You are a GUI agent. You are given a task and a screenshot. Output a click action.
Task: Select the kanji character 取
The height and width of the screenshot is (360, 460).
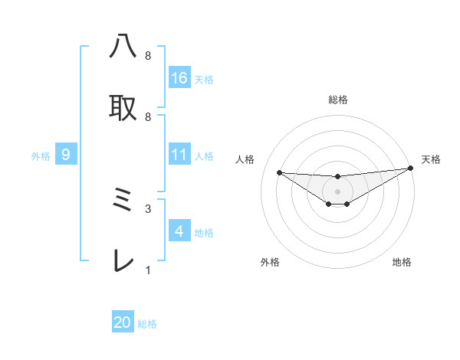pyautogui.click(x=123, y=107)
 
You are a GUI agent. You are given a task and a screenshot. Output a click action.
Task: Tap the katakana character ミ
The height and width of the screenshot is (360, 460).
pyautogui.click(x=123, y=201)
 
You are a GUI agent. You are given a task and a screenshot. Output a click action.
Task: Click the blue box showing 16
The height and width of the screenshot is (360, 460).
pyautogui.click(x=179, y=78)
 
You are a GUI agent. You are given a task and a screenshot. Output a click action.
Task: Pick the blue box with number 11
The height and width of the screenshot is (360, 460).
pyautogui.click(x=179, y=155)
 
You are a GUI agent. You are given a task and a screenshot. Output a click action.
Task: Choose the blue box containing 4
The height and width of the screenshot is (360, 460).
pyautogui.click(x=179, y=231)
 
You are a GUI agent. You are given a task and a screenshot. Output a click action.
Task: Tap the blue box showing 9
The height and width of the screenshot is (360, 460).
pyautogui.click(x=66, y=155)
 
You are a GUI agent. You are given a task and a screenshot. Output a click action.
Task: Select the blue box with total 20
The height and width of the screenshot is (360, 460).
pyautogui.click(x=123, y=322)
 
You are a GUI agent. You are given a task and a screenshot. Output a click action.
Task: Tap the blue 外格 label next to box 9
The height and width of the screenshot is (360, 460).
pyautogui.click(x=41, y=156)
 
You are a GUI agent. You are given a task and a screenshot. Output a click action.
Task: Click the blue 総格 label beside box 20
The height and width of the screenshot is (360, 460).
pyautogui.click(x=147, y=324)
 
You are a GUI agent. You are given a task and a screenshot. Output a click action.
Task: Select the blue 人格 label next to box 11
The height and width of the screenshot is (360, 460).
pyautogui.click(x=204, y=156)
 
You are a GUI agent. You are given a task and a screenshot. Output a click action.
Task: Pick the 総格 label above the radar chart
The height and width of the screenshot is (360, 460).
pyautogui.click(x=338, y=100)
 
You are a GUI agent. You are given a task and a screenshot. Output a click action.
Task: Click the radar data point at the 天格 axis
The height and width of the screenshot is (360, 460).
pyautogui.click(x=410, y=169)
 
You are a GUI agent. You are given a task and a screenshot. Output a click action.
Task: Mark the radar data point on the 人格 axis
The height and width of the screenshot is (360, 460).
pyautogui.click(x=279, y=172)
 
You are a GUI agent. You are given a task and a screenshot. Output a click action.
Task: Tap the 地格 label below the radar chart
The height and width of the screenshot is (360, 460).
pyautogui.click(x=402, y=262)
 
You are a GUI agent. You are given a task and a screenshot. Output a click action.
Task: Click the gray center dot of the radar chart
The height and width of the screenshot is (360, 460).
pyautogui.click(x=338, y=191)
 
